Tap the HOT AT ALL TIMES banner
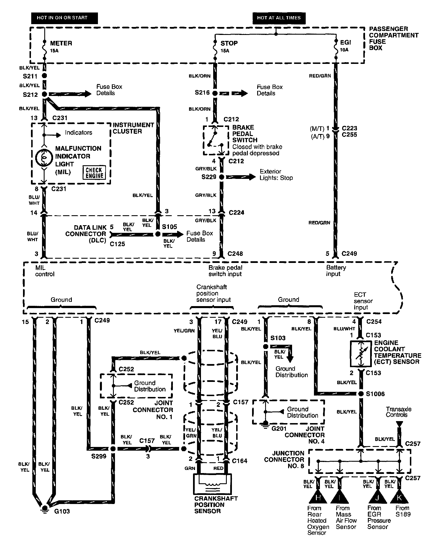tap(278, 18)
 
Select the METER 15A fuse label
tap(60, 46)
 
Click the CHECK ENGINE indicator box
tap(94, 173)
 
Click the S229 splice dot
tap(222, 177)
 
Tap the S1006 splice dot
tap(361, 394)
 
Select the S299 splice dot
tap(113, 449)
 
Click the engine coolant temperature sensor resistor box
tap(360, 354)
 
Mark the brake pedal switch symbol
tap(215, 140)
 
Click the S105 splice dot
tap(158, 235)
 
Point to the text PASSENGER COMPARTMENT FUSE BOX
tap(393, 39)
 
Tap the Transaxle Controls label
tap(398, 412)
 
